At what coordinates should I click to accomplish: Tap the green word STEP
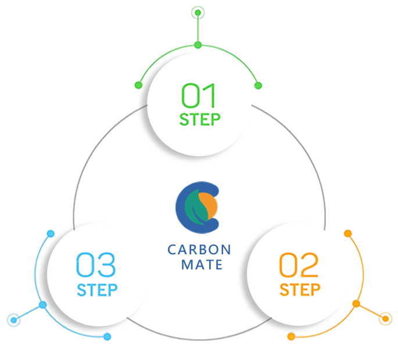pos(199,120)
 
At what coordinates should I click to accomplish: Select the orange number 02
pos(299,265)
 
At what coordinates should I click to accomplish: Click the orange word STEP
pos(300,289)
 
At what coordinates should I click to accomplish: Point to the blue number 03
pos(96,265)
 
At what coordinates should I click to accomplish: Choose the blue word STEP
pos(98,289)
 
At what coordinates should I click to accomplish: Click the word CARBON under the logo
pos(199,250)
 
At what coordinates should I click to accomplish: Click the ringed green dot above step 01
pos(198,12)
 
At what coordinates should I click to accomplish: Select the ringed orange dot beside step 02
pos(384,318)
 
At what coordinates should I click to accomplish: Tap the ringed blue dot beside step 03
pos(13,319)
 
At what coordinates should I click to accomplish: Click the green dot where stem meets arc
pos(198,45)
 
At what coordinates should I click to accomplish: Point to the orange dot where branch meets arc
pos(356,304)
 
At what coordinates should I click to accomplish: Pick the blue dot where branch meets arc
pos(42,305)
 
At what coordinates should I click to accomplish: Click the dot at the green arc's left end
pos(138,85)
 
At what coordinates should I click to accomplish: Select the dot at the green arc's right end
pos(259,85)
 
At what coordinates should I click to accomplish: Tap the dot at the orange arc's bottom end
pos(291,336)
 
